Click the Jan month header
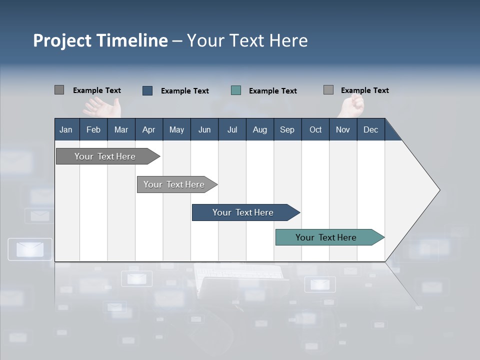[66, 129]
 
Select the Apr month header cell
[148, 129]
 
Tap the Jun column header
[204, 129]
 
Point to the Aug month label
[259, 129]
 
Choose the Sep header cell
[287, 129]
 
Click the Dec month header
[370, 129]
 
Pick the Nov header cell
[342, 129]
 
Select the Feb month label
[93, 129]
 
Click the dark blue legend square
[147, 90]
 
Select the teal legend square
[236, 90]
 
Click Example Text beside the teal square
[272, 91]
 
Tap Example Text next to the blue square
[184, 91]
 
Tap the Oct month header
[315, 129]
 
